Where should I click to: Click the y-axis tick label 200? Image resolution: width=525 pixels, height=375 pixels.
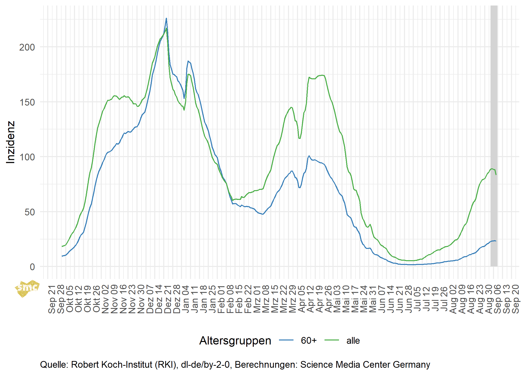[27, 47]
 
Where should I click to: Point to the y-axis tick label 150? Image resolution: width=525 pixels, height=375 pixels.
[27, 102]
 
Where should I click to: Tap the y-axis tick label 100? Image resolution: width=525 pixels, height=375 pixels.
[27, 157]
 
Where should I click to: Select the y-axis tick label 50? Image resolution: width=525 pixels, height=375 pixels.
[29, 212]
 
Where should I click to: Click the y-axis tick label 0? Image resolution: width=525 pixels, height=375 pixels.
[32, 267]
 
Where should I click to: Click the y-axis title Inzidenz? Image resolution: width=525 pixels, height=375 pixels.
[11, 142]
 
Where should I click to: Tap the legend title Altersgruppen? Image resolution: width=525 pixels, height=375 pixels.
[235, 340]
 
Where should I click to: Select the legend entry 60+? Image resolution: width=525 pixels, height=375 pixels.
[308, 340]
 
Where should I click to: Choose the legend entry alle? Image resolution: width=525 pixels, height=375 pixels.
[353, 340]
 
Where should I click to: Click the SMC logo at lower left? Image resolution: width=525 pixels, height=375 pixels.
[27, 288]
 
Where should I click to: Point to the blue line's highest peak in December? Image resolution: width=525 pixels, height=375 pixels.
[166, 19]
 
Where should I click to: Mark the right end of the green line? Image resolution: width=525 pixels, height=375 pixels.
[496, 174]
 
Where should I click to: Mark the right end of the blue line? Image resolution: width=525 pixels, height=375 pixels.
[496, 241]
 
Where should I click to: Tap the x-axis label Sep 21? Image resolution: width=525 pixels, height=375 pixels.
[52, 299]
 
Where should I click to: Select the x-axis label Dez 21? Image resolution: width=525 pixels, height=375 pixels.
[168, 299]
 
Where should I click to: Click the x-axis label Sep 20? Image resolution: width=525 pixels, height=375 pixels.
[515, 299]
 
